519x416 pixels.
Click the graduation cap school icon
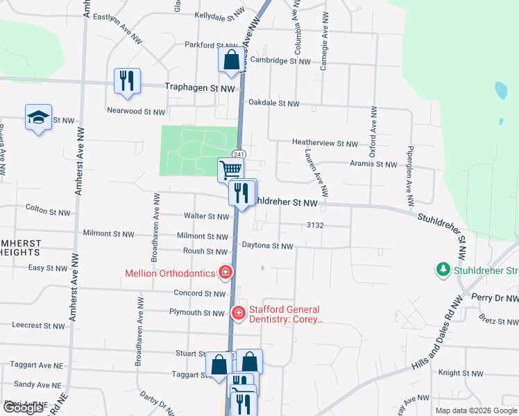point(38,118)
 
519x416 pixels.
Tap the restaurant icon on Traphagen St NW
point(127,81)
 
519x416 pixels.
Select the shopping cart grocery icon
point(230,168)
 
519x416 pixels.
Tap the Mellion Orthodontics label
point(170,273)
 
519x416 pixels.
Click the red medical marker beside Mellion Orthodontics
point(225,273)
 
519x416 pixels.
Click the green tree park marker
point(443,269)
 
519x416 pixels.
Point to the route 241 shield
point(238,153)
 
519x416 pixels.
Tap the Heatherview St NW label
point(325,143)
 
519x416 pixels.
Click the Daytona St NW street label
point(267,246)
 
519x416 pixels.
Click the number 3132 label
point(316,226)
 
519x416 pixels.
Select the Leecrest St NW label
point(39,325)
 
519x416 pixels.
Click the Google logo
point(24,408)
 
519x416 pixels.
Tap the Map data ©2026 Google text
point(476,410)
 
